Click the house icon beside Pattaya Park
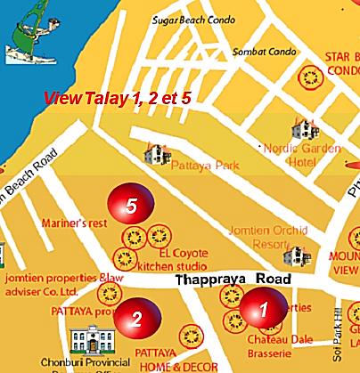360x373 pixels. tap(157, 154)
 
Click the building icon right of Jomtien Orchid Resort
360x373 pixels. tap(293, 256)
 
